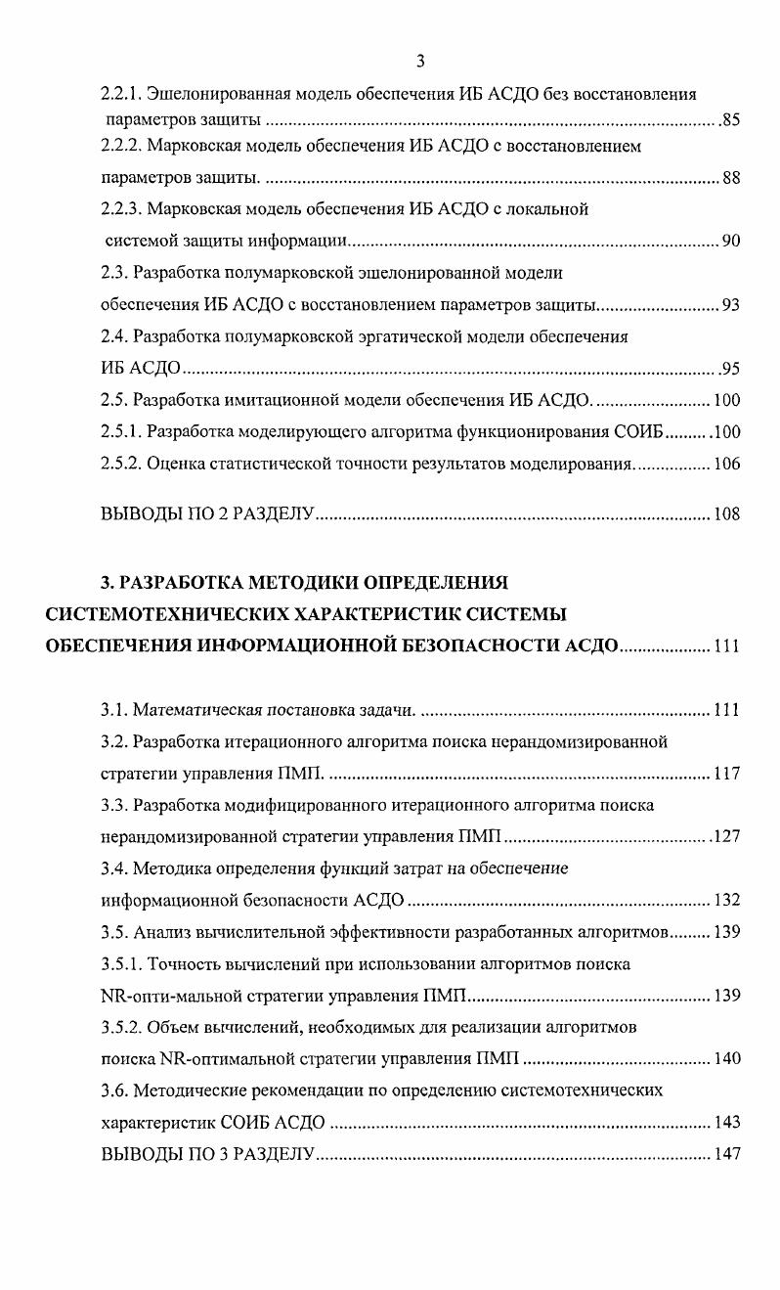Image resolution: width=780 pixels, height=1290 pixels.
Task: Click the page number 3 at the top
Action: pos(419,62)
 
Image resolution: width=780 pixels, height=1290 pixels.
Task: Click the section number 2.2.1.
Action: pos(121,95)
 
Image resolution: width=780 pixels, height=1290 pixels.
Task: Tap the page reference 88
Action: pos(731,179)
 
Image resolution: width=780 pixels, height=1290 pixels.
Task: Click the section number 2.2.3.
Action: pos(121,208)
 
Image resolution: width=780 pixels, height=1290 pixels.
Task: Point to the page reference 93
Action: pos(731,304)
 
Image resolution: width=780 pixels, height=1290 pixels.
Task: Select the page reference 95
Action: pos(730,369)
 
